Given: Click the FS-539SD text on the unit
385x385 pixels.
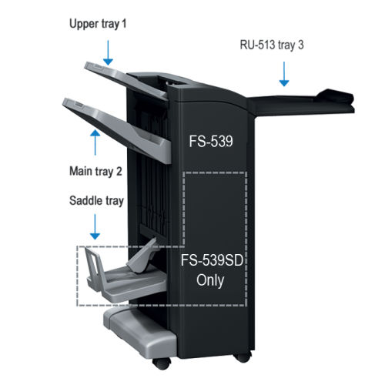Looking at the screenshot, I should (x=211, y=260).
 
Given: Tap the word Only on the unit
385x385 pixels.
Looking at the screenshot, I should (x=210, y=280).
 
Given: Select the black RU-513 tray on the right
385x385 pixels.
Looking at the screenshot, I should (x=308, y=95).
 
